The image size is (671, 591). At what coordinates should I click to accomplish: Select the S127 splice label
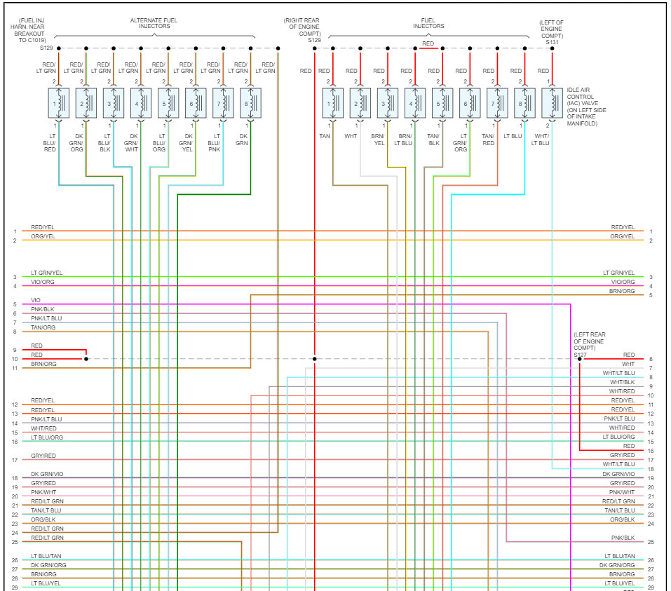pyautogui.click(x=579, y=355)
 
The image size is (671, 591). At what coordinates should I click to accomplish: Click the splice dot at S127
pyautogui.click(x=579, y=359)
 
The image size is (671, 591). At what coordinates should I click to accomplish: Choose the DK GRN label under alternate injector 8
pyautogui.click(x=242, y=139)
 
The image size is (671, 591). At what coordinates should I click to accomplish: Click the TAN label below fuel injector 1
pyautogui.click(x=324, y=135)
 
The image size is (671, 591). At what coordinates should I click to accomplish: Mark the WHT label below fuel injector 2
pyautogui.click(x=351, y=135)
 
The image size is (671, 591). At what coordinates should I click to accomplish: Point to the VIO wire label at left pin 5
pyautogui.click(x=36, y=300)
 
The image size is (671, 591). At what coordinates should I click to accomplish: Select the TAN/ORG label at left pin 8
pyautogui.click(x=43, y=327)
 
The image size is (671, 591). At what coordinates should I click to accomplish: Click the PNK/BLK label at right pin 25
pyautogui.click(x=623, y=538)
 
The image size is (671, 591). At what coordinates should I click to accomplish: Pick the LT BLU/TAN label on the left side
pyautogui.click(x=46, y=556)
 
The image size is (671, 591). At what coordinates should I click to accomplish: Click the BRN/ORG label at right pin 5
pyautogui.click(x=622, y=291)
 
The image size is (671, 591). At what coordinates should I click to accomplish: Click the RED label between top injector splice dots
pyautogui.click(x=428, y=44)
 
